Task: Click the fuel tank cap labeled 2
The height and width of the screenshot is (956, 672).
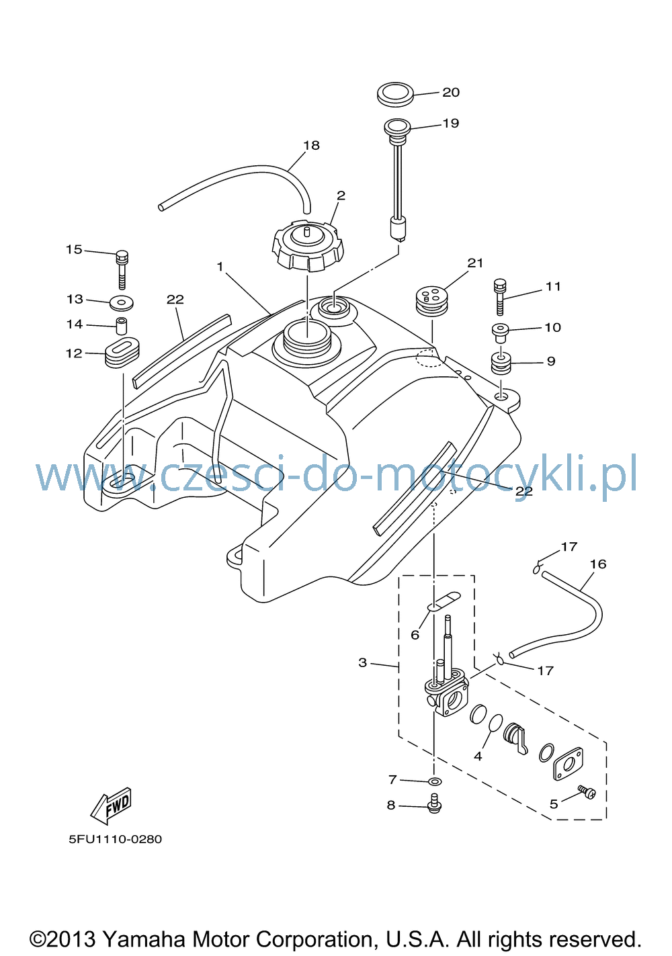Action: point(307,247)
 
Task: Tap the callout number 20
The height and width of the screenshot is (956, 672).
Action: point(451,93)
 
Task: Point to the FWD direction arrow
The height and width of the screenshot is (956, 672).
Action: point(111,806)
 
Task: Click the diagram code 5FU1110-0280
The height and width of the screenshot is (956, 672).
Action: point(116,839)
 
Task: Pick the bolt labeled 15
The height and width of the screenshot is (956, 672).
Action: point(122,269)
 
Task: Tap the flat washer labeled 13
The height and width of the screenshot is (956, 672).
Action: point(122,304)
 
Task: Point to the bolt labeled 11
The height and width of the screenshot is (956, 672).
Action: point(501,297)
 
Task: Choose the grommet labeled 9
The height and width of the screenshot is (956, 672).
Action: point(501,363)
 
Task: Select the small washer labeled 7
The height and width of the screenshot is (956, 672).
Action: point(435,781)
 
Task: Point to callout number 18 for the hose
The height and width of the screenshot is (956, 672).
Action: point(311,146)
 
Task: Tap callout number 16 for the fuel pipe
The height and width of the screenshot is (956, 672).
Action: point(597,564)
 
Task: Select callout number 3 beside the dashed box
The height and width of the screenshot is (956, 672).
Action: point(362,662)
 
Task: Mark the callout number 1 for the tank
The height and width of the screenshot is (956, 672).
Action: point(220,267)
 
